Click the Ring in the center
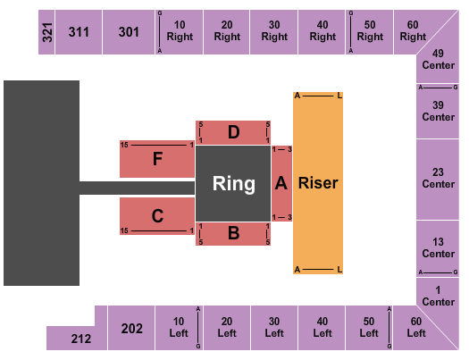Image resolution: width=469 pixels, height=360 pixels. (x=233, y=184)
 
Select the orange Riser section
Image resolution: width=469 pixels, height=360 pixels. (x=318, y=183)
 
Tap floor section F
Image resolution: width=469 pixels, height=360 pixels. (x=157, y=159)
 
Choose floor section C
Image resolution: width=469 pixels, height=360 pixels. (x=157, y=215)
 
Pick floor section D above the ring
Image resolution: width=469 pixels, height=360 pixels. (x=233, y=132)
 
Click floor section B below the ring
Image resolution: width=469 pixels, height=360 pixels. (x=233, y=234)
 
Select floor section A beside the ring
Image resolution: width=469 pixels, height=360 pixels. (x=281, y=183)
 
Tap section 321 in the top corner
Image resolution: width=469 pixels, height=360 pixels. (x=46, y=32)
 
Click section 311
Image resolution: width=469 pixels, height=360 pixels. (x=78, y=32)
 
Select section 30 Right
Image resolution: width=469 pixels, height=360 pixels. (x=274, y=32)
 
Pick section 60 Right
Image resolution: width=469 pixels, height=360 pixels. (x=413, y=32)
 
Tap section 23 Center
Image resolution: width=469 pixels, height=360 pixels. (x=439, y=179)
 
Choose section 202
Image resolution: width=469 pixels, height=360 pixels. (x=131, y=328)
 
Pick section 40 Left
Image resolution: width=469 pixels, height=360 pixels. (x=321, y=328)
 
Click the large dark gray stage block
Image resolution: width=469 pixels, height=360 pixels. (x=41, y=183)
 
